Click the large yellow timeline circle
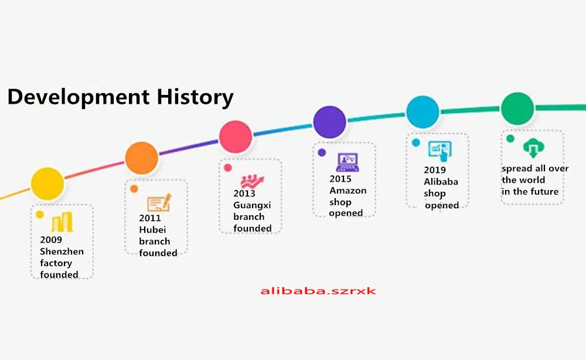[x=47, y=184]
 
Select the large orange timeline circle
[x=142, y=158]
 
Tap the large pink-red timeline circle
[x=236, y=137]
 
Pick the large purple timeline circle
[x=329, y=122]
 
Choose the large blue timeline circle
[x=423, y=112]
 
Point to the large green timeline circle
[x=517, y=108]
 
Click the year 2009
[x=51, y=240]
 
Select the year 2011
[x=150, y=218]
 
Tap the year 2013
[x=244, y=193]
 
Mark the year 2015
[x=340, y=179]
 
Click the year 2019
[x=435, y=169]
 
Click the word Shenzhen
[x=62, y=251]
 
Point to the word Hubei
[x=152, y=229]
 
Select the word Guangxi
[x=252, y=205]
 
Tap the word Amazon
[x=348, y=191]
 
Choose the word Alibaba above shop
[x=441, y=182]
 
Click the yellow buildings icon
[x=62, y=222]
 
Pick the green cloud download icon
[x=534, y=148]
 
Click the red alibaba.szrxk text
[x=318, y=291]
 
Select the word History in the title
[x=195, y=97]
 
